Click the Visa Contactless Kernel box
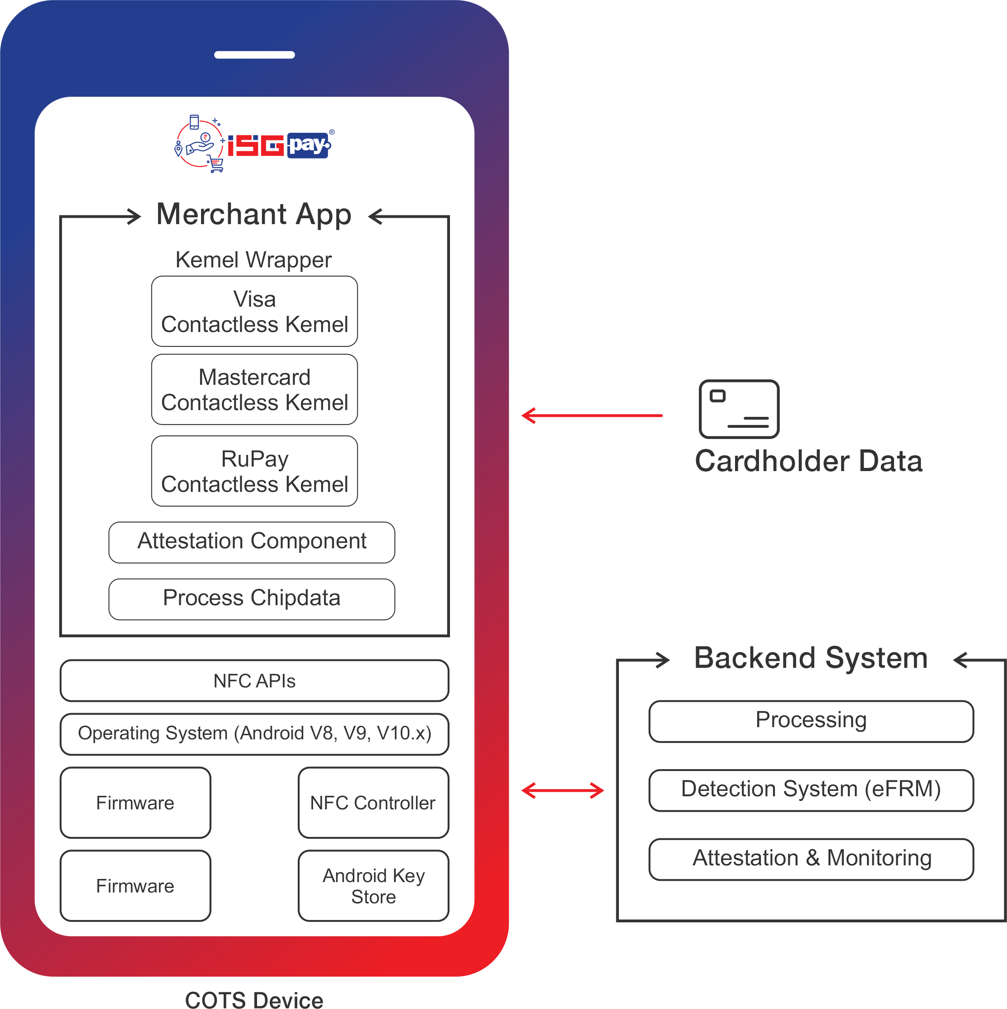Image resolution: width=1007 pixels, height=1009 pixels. click(254, 311)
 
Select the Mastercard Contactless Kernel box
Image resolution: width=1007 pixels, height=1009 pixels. click(254, 390)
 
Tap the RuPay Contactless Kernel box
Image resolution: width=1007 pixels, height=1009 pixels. click(254, 471)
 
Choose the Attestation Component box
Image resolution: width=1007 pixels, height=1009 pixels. click(252, 542)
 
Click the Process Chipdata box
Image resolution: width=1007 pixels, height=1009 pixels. click(252, 599)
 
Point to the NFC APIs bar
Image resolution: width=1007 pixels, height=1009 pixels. click(254, 681)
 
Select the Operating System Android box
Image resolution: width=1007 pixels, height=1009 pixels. click(254, 734)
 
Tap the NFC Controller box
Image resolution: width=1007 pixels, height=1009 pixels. click(373, 802)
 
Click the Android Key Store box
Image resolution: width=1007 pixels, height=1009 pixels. click(373, 886)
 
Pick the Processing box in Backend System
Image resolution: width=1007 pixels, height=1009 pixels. click(810, 721)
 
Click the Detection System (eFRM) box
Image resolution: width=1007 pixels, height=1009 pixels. click(810, 789)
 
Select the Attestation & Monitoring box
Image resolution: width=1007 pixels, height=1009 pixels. click(810, 859)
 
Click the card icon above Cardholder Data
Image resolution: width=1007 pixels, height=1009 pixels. click(739, 409)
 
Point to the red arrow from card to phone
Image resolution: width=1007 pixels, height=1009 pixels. click(592, 416)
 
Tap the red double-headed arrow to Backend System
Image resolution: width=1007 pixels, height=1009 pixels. click(562, 790)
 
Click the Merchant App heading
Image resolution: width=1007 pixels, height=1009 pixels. click(254, 215)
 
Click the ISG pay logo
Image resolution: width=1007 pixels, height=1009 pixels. click(253, 144)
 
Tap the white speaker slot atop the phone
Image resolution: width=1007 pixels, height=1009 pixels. click(254, 55)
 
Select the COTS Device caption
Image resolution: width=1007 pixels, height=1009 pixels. click(254, 999)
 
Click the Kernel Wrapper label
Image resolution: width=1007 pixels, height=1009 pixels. click(253, 260)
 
